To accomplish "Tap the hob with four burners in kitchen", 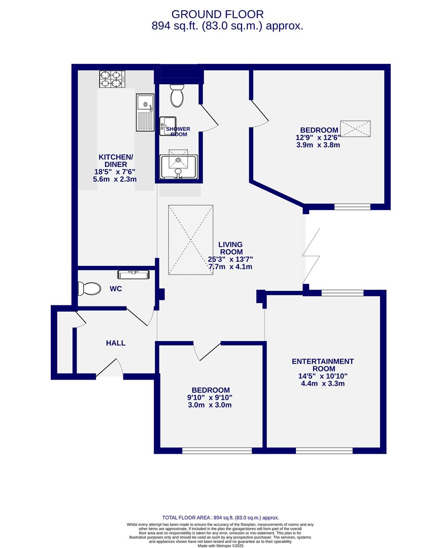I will click(112, 79).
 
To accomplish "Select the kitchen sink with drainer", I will click(144, 112).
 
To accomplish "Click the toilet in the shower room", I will click(177, 96).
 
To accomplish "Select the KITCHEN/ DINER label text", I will click(116, 161).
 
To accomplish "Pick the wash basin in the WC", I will click(133, 275).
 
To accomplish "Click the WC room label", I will click(116, 289).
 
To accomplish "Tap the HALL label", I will click(116, 343).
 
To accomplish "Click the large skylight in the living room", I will click(191, 240).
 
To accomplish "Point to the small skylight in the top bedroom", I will click(355, 129).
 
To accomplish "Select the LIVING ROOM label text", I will click(230, 248).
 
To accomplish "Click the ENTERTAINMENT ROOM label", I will click(323, 365).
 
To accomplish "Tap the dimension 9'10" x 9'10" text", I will click(210, 397).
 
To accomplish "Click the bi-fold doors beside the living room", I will click(311, 256).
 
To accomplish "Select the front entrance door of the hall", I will click(110, 369).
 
